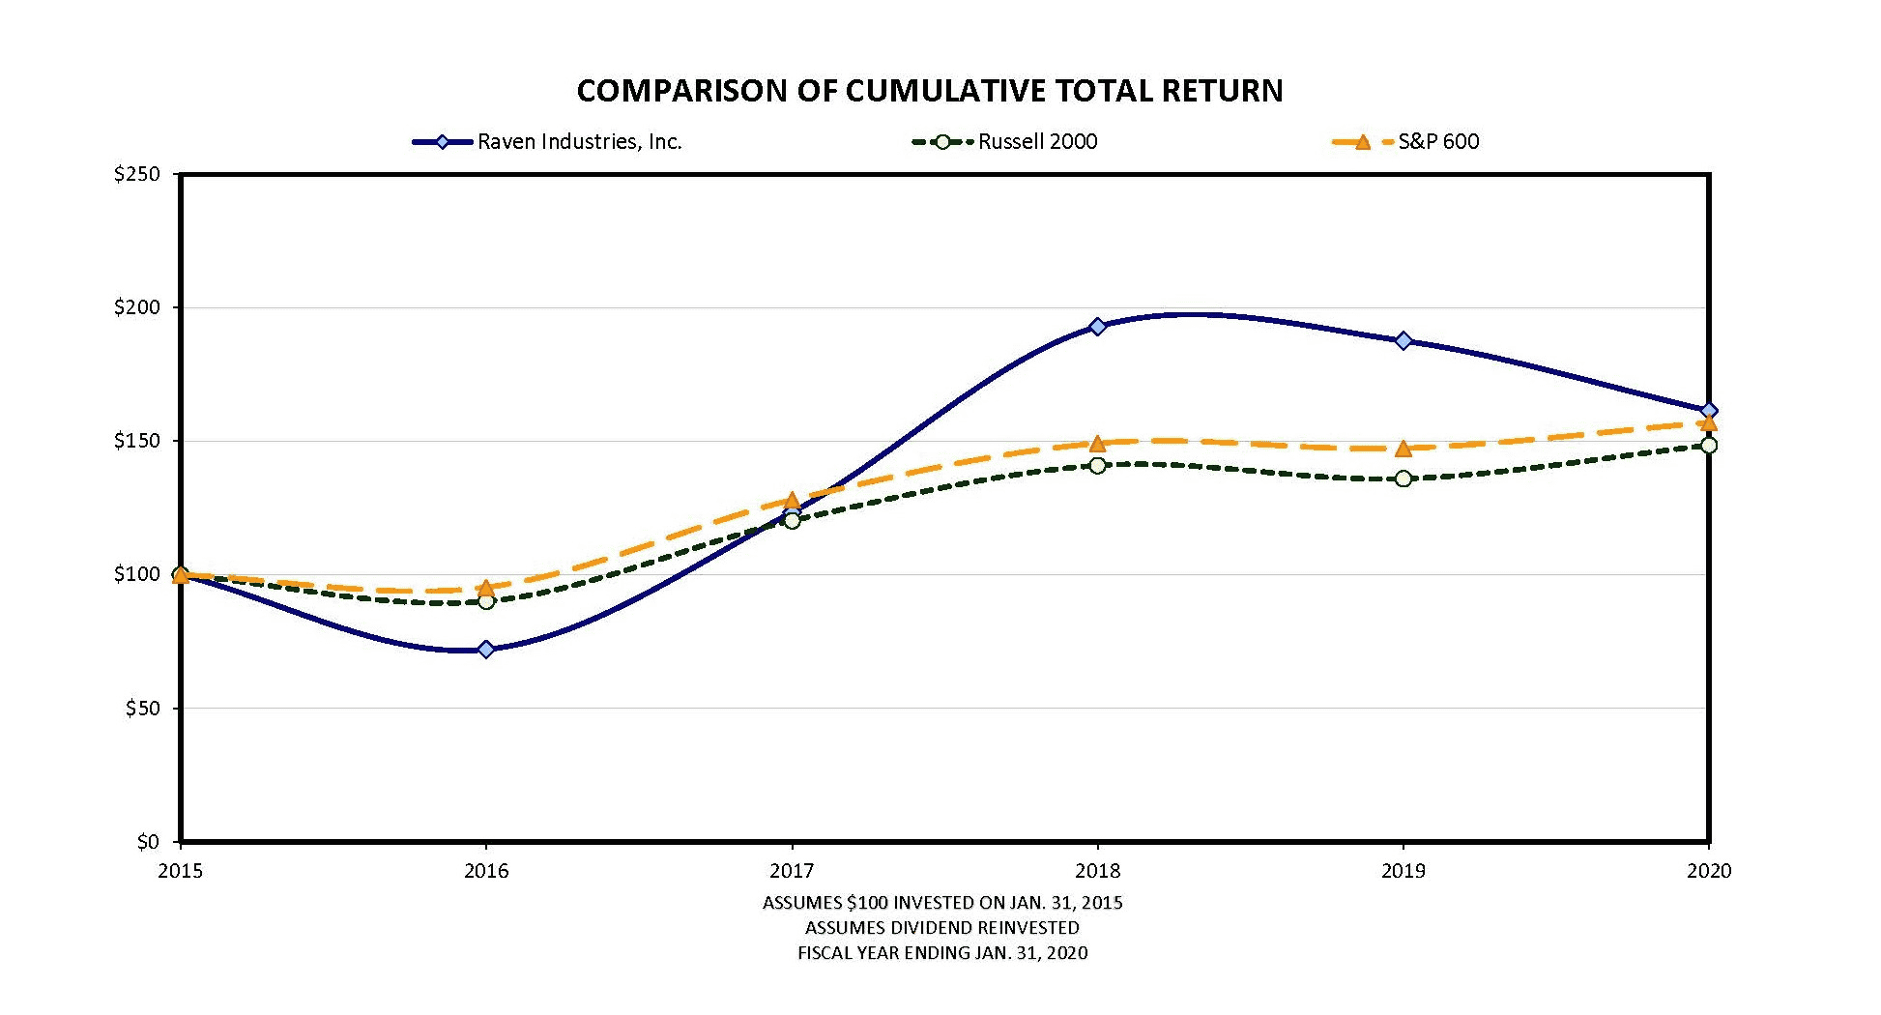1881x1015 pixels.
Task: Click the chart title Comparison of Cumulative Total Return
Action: [930, 91]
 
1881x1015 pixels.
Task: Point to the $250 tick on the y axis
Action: [136, 175]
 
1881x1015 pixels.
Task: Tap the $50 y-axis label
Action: [142, 709]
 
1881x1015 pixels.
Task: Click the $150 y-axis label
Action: [136, 442]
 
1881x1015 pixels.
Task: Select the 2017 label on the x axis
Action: [792, 871]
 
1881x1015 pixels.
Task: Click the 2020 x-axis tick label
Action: [1708, 871]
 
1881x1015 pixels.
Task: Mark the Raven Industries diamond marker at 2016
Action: [486, 650]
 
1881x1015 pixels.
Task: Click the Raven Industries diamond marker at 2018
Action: [1097, 327]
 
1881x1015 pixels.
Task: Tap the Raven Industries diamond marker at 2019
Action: [1404, 340]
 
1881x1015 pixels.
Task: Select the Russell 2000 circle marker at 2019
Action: [1404, 478]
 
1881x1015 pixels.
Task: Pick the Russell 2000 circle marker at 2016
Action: [486, 601]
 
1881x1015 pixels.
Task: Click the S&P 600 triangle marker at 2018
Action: [1097, 444]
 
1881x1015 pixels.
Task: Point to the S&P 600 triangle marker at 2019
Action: [1404, 449]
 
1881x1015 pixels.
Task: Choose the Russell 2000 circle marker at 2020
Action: [1709, 446]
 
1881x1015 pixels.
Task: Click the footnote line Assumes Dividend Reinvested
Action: [941, 928]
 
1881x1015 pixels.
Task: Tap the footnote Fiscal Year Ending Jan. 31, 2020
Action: [941, 953]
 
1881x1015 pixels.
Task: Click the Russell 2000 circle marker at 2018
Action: [1097, 466]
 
